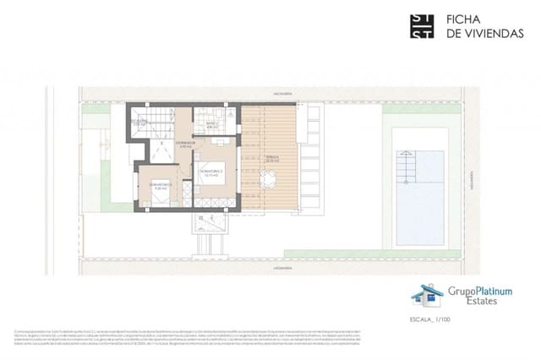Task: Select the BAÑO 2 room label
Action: click(x=212, y=125)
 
